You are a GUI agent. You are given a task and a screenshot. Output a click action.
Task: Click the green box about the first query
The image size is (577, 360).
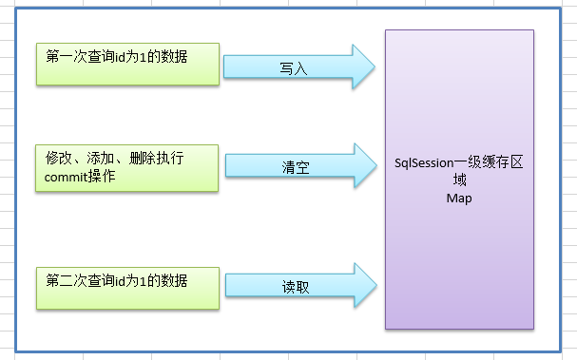coord(128,67)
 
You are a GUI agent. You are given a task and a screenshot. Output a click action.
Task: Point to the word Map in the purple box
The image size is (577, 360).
coord(459,199)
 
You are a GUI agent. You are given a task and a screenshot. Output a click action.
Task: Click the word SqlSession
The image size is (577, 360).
coord(427,163)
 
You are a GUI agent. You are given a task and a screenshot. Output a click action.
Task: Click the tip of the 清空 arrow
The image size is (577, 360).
coord(377,168)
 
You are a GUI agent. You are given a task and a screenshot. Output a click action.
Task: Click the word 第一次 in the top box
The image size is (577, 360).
coord(67,57)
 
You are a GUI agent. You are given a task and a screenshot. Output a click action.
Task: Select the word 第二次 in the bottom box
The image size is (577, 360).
coord(67,280)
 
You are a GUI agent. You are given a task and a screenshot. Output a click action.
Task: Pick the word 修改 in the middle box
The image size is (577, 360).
coord(59,155)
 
